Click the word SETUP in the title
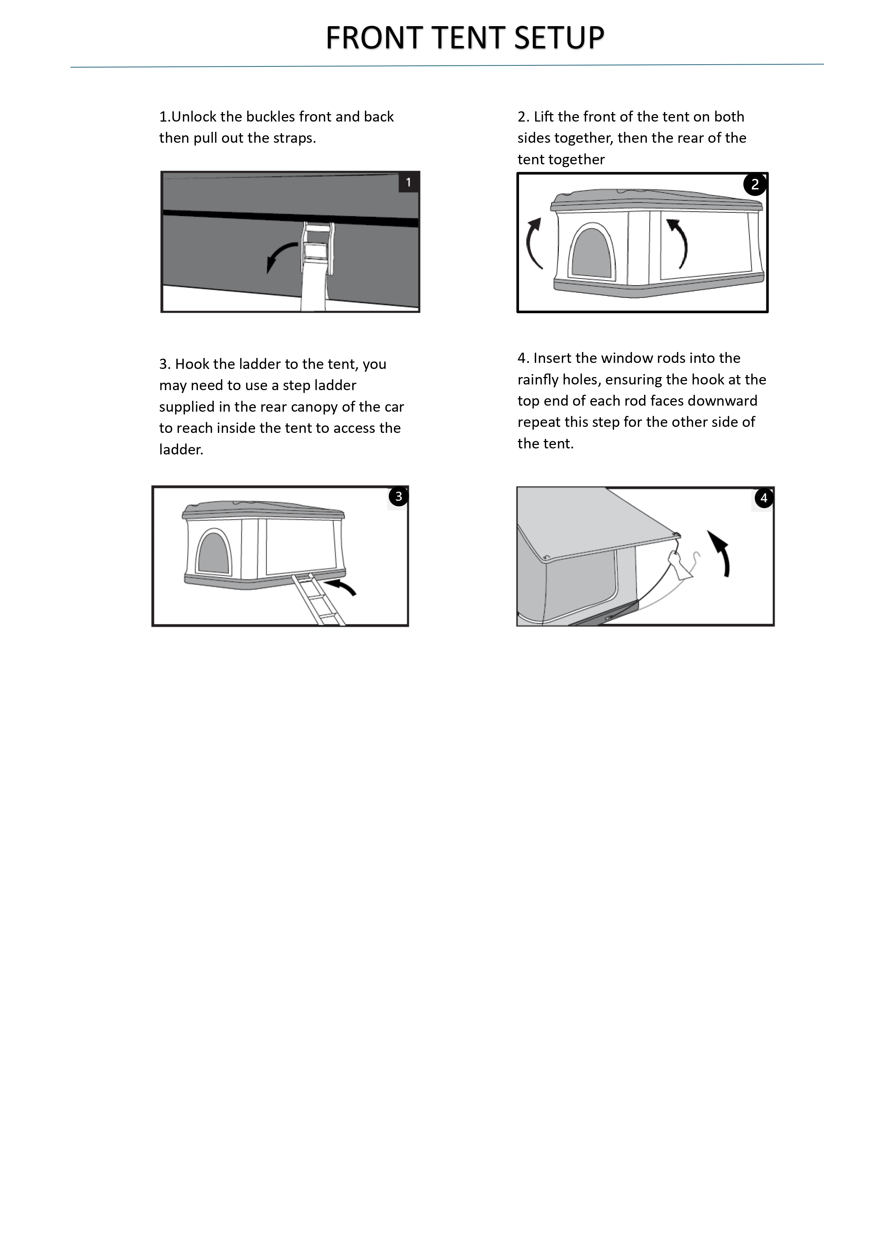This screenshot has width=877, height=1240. click(x=559, y=38)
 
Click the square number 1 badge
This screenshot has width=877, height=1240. click(x=409, y=183)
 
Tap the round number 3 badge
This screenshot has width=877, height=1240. click(x=399, y=496)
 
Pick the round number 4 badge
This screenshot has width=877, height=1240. click(x=764, y=498)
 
